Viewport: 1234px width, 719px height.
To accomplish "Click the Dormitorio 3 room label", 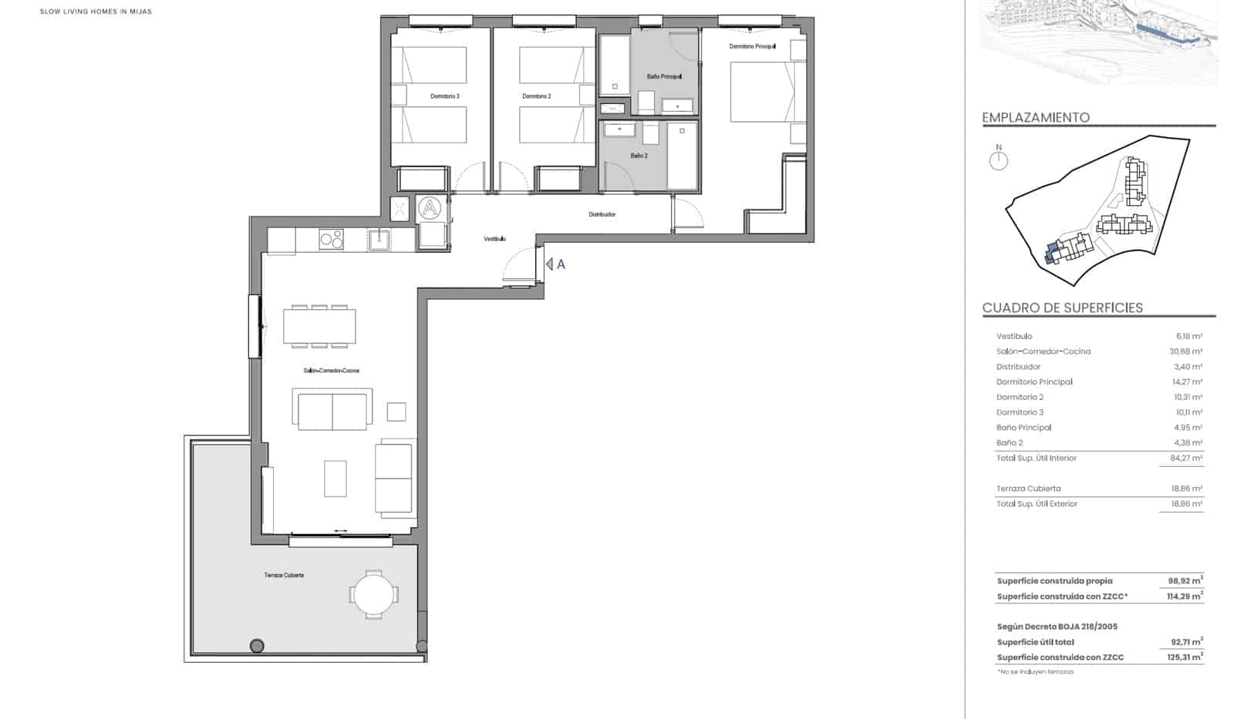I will coord(445,96).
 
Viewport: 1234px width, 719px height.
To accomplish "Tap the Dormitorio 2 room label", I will coord(537,96).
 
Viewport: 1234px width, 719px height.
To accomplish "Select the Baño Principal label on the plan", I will coord(664,76).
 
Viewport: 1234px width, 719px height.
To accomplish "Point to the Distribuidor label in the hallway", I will coord(602,214).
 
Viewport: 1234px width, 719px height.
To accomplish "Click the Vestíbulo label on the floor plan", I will coord(495,239).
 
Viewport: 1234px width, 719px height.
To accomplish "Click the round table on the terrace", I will coord(374,594).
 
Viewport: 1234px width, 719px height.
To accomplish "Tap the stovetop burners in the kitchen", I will coord(332,240).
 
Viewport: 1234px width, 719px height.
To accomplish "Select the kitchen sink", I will coord(379,240).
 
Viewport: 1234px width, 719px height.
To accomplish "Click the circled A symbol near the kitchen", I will coord(430,208).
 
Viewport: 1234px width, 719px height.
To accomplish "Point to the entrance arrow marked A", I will coord(555,264).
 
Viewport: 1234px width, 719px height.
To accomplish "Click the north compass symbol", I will coord(999,160).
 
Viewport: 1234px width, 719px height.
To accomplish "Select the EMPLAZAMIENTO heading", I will coord(1036,118).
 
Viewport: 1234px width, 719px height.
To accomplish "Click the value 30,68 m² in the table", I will coord(1185,351).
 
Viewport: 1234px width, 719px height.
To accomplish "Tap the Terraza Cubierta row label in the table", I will coord(1028,489).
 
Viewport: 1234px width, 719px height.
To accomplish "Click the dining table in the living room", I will coord(319,327).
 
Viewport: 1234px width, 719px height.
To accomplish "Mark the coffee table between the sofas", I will coord(335,479).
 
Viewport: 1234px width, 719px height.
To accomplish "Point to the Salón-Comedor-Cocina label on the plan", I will coord(331,371).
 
